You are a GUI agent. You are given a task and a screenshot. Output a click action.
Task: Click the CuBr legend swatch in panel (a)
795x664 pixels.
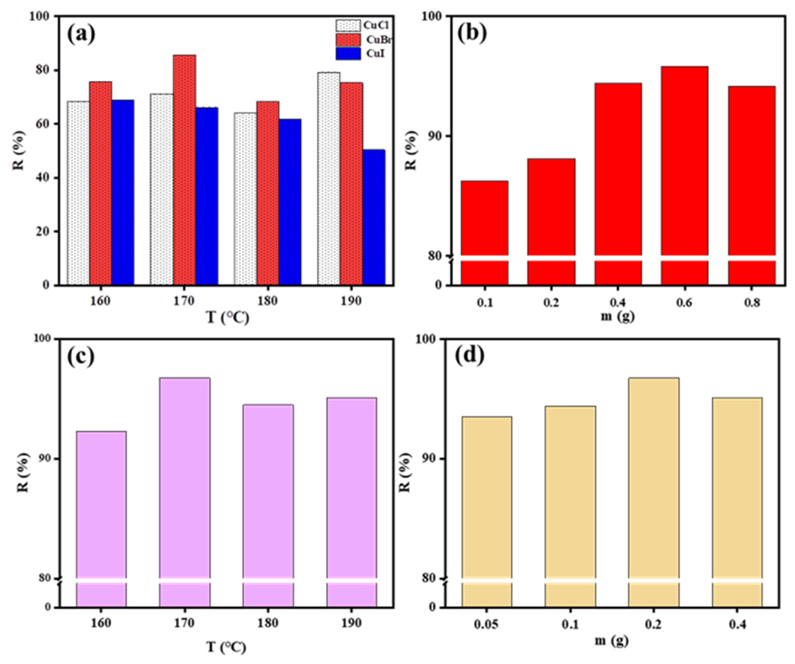click(x=348, y=39)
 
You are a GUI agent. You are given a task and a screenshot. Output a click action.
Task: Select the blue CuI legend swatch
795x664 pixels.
click(x=348, y=53)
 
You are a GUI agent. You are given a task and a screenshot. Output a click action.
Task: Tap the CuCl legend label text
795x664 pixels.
click(x=376, y=25)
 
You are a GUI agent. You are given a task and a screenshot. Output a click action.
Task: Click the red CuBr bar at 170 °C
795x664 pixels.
click(x=184, y=170)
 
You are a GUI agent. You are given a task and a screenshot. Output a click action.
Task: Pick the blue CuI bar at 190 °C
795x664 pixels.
click(x=374, y=218)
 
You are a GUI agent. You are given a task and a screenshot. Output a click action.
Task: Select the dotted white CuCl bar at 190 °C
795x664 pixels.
click(x=329, y=178)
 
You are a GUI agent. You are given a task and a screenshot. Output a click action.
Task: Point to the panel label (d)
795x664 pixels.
click(x=470, y=356)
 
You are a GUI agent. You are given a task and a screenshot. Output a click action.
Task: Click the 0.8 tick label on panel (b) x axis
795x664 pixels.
click(x=751, y=303)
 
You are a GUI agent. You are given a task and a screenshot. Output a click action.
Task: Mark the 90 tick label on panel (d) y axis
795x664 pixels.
click(x=430, y=458)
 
